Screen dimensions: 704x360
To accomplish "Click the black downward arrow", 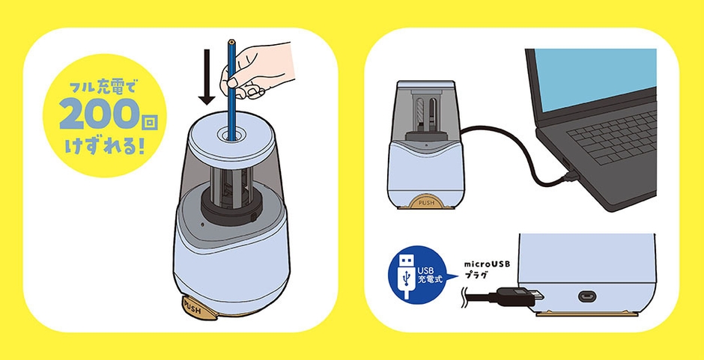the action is tap(207, 77).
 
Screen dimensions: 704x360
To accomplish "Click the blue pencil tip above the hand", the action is tap(231, 42).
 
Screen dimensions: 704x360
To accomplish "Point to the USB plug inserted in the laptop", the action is tap(569, 174).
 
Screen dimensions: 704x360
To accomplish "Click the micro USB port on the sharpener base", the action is tap(587, 296).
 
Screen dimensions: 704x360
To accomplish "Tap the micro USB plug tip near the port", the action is tap(538, 296).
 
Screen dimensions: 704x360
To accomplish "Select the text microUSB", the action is tap(488, 264).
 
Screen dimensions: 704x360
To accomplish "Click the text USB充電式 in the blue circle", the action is tap(430, 275).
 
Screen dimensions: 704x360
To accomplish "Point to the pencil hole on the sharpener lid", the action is tap(231, 134).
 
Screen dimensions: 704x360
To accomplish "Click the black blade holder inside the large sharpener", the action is tap(231, 206).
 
